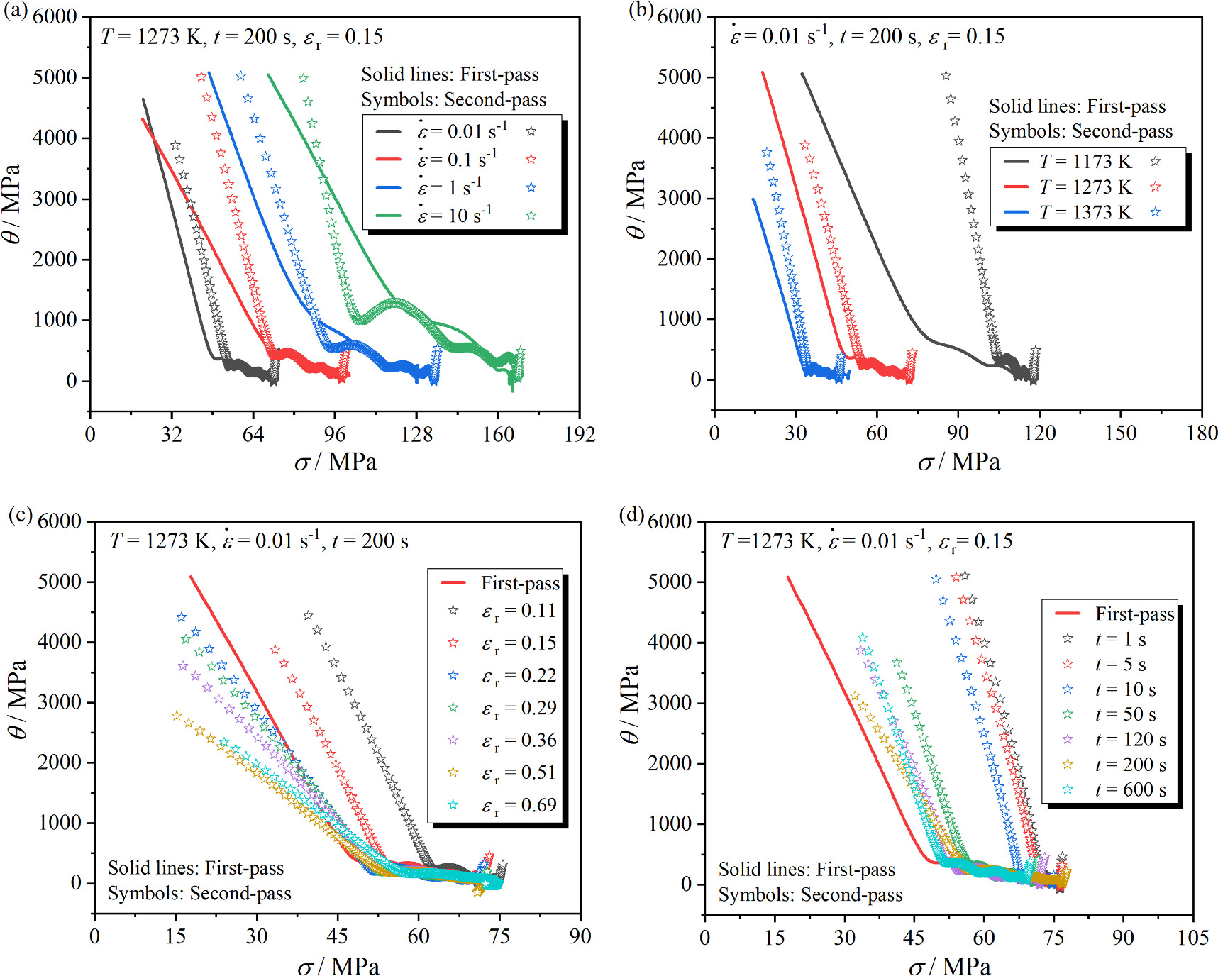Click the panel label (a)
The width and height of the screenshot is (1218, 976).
[15, 12]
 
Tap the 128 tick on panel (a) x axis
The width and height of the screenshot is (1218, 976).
[416, 434]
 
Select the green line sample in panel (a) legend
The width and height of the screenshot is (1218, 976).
[389, 216]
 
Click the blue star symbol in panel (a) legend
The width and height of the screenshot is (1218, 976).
[531, 188]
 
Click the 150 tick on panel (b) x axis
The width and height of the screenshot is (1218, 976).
[1121, 433]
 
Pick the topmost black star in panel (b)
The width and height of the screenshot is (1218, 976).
[946, 76]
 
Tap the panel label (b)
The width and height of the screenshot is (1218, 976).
[641, 12]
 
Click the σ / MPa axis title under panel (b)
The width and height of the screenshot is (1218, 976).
[958, 462]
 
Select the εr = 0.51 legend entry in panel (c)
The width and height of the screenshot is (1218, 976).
[519, 772]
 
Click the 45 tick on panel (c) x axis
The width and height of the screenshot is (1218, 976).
[338, 936]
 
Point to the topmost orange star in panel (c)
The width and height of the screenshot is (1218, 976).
[177, 716]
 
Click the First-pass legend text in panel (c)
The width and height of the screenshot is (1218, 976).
[520, 583]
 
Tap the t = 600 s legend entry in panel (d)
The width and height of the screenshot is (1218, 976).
[1130, 789]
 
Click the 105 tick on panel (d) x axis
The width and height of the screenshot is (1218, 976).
[1192, 938]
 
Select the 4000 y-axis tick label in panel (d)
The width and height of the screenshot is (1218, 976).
[670, 643]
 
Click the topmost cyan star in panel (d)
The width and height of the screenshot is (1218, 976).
[863, 638]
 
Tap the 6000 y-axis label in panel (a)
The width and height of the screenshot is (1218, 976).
[55, 16]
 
